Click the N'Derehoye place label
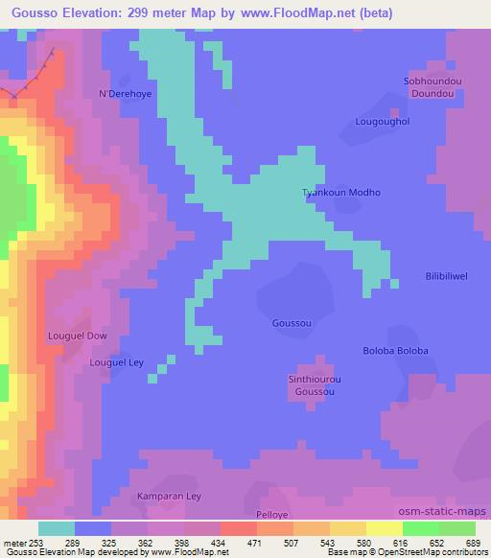coord(120,94)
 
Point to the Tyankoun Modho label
coord(341,193)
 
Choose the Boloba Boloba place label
coord(394,351)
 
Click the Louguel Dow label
coord(78,337)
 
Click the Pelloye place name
coord(272,515)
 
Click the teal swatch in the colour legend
coord(57,528)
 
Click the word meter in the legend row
coord(14,543)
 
